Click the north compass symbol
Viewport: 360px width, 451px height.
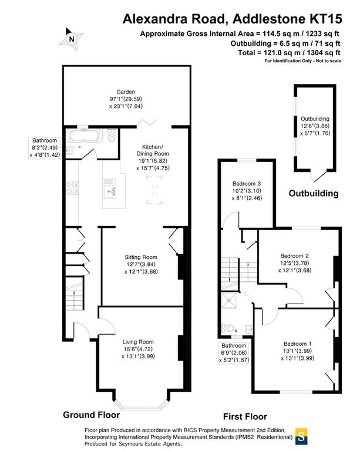(72, 39)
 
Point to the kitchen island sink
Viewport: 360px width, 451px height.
(112, 191)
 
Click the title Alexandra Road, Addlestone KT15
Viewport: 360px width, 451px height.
(231, 19)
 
